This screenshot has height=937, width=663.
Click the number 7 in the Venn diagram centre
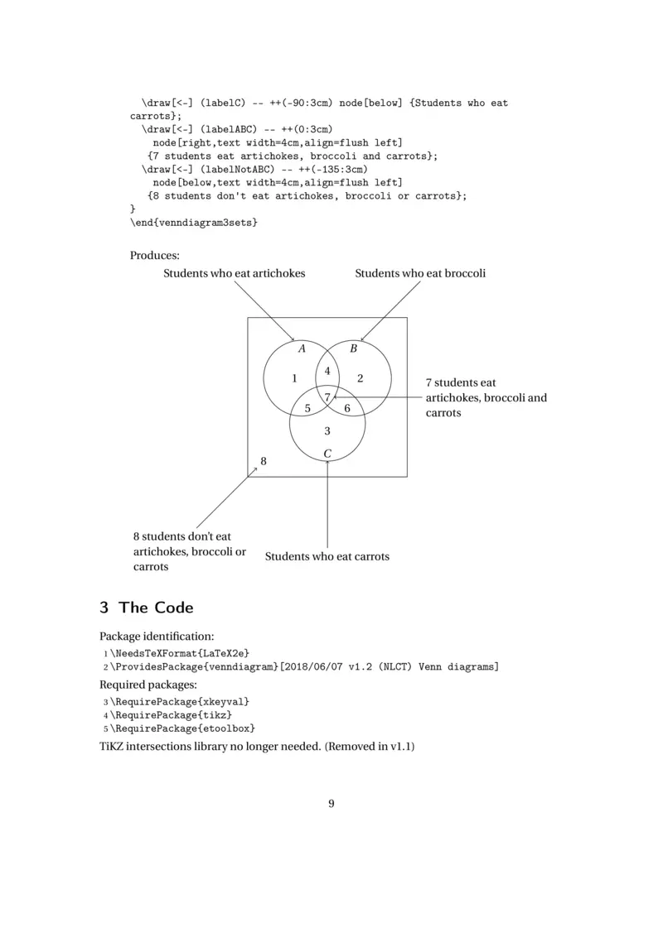pos(327,397)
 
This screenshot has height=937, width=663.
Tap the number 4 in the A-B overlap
pos(327,371)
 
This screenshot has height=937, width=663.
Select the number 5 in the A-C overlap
pos(307,408)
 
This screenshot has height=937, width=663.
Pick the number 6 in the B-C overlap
pos(347,408)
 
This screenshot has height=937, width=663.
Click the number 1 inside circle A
pos(294,379)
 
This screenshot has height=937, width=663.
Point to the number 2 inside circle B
pos(360,379)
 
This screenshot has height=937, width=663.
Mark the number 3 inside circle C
pos(327,431)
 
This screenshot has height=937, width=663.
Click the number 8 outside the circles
pos(264,461)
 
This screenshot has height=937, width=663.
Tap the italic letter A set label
pos(302,349)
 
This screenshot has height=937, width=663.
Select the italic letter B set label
pos(353,349)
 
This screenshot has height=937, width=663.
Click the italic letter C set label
pos(327,454)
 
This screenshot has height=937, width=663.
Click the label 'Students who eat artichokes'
pos(234,274)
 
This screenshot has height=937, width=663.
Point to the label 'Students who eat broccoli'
pos(420,274)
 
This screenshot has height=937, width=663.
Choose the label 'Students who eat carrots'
pos(327,557)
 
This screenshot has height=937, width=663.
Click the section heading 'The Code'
pos(156,608)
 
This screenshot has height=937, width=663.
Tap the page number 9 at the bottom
pos(331,803)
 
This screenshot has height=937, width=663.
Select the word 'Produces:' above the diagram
pos(155,255)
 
